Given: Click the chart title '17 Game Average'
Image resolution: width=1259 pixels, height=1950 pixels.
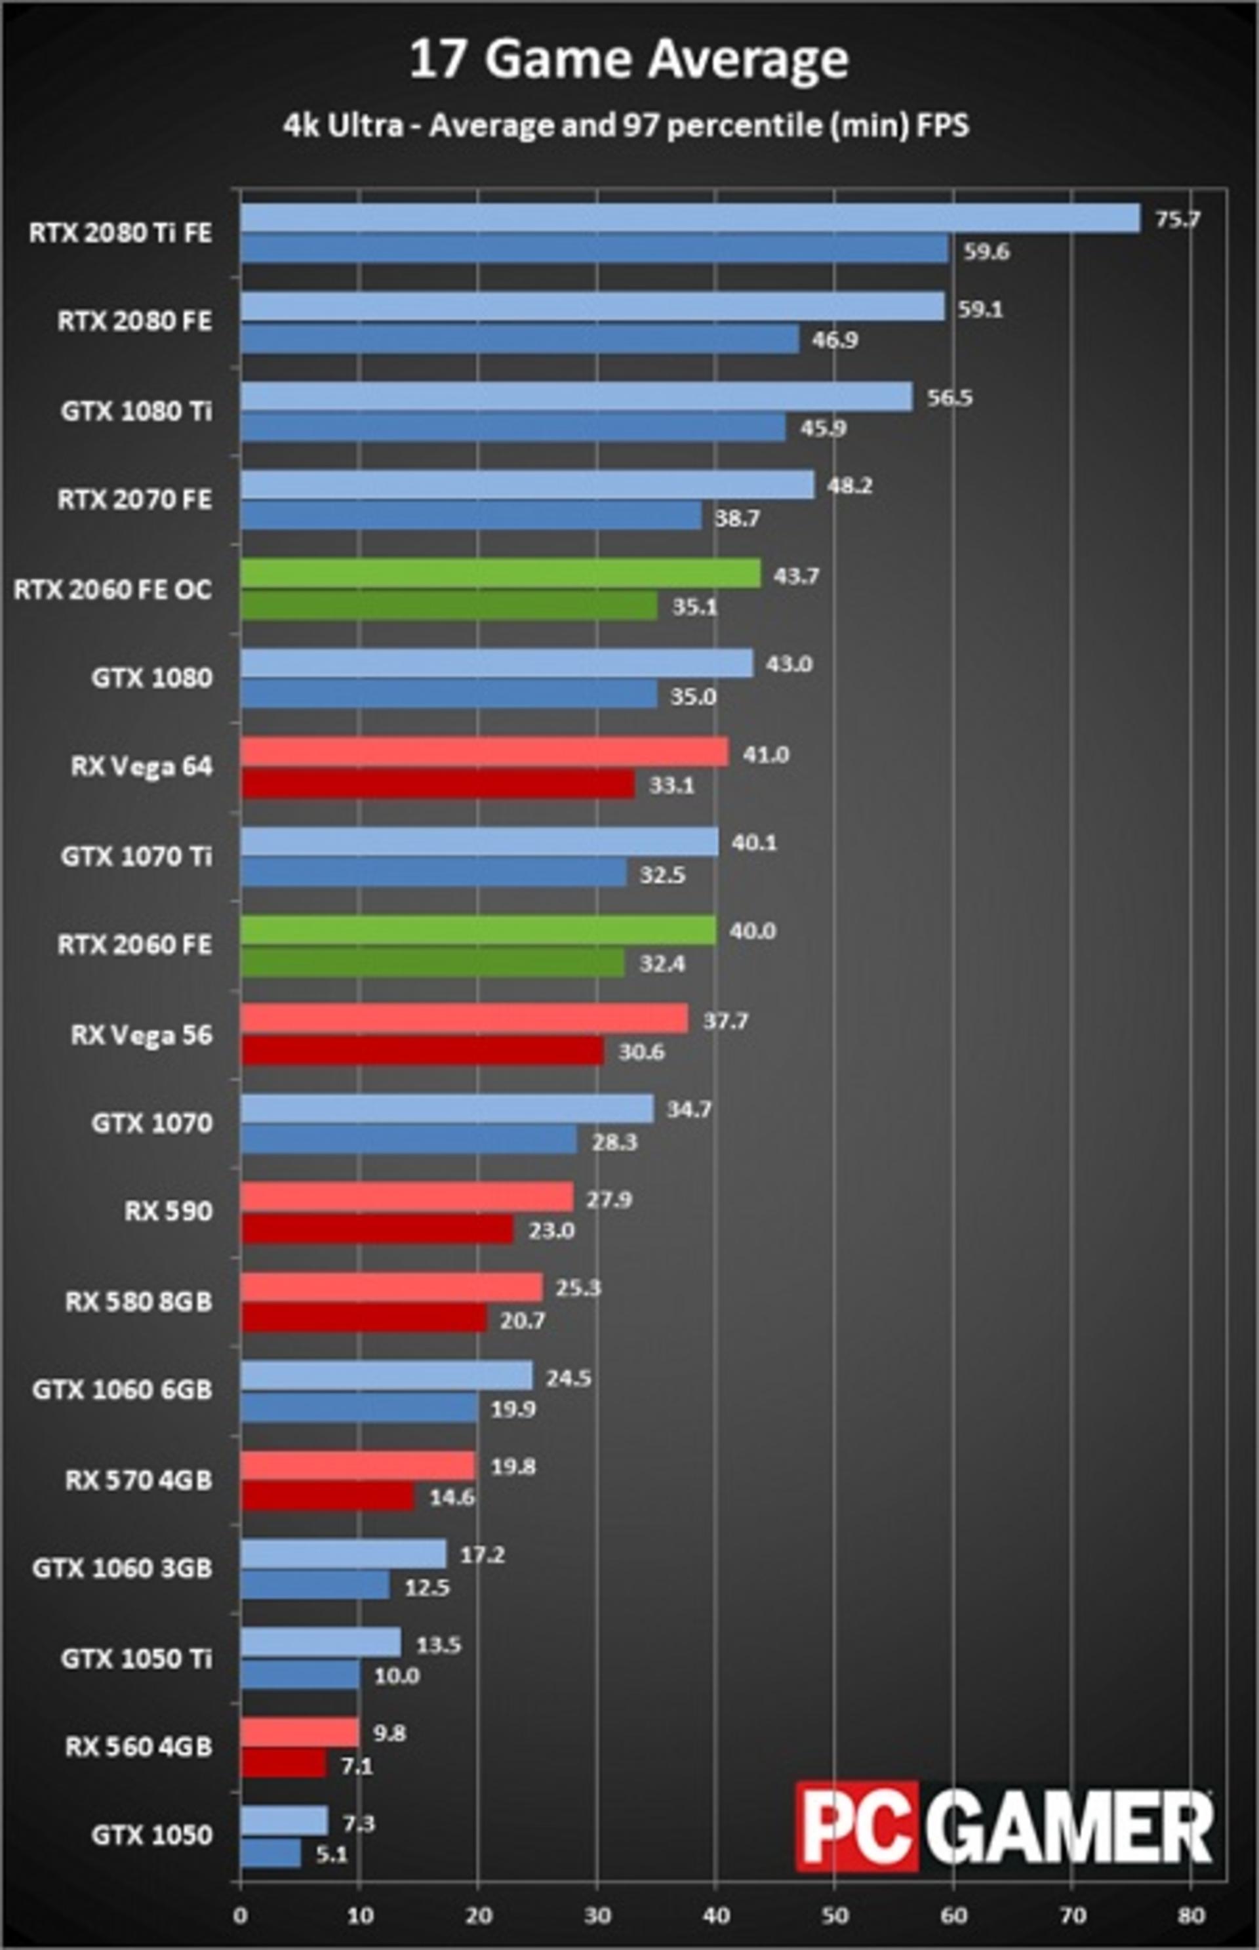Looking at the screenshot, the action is [x=628, y=60].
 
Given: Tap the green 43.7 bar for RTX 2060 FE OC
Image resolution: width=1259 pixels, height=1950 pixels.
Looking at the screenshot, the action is [x=500, y=573].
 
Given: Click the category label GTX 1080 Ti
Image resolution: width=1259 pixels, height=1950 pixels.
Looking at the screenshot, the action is [x=136, y=411].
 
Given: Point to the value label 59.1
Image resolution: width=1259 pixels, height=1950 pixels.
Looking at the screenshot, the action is [x=980, y=309].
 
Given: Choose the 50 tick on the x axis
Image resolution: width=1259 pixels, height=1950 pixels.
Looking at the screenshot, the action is [x=835, y=1909].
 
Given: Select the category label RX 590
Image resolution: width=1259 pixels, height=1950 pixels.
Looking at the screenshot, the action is [x=169, y=1211].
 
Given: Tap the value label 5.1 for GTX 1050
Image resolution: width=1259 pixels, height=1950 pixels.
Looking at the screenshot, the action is [x=331, y=1855].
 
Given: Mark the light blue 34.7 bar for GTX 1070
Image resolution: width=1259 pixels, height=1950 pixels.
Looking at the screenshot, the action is [x=447, y=1108].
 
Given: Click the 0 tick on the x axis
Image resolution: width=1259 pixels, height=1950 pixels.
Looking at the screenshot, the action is [x=241, y=1909].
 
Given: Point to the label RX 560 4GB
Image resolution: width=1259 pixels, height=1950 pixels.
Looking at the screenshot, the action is [x=139, y=1747].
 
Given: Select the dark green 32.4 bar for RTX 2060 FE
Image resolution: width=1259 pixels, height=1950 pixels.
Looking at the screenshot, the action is [x=433, y=962].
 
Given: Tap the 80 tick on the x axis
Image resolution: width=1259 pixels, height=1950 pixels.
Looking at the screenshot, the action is [x=1191, y=1909].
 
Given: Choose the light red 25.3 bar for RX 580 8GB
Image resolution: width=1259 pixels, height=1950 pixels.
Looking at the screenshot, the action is [x=391, y=1287].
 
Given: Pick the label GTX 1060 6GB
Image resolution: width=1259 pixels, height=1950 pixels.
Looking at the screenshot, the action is [x=123, y=1389].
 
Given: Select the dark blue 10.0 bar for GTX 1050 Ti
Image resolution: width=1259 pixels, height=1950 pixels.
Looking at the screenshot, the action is [x=300, y=1675].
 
